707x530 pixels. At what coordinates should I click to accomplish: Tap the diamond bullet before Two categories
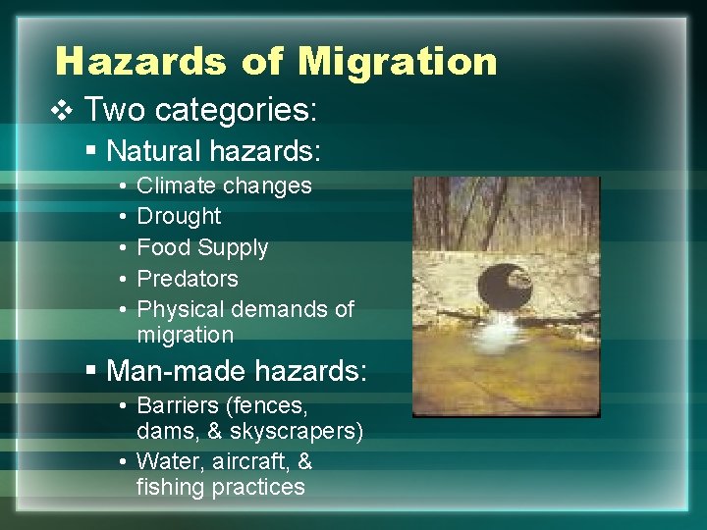(64, 110)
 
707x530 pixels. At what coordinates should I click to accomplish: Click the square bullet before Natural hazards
(90, 151)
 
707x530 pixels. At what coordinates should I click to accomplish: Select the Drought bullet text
(179, 216)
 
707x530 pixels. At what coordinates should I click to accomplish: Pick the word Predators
(188, 279)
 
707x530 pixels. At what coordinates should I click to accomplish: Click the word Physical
(181, 309)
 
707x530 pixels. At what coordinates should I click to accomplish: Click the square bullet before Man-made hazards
(90, 371)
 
